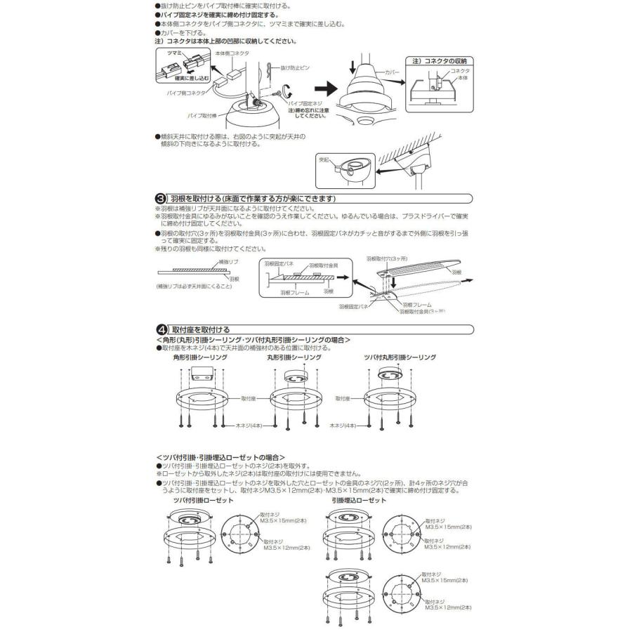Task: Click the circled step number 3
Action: (x=159, y=199)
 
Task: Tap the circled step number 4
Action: (x=159, y=329)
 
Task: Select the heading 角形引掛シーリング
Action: (x=201, y=357)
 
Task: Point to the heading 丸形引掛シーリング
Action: (x=294, y=357)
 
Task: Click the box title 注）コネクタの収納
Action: (x=444, y=61)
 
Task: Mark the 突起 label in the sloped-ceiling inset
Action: (x=326, y=160)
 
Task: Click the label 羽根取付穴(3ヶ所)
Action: (x=387, y=258)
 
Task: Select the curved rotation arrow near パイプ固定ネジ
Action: (x=286, y=91)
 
